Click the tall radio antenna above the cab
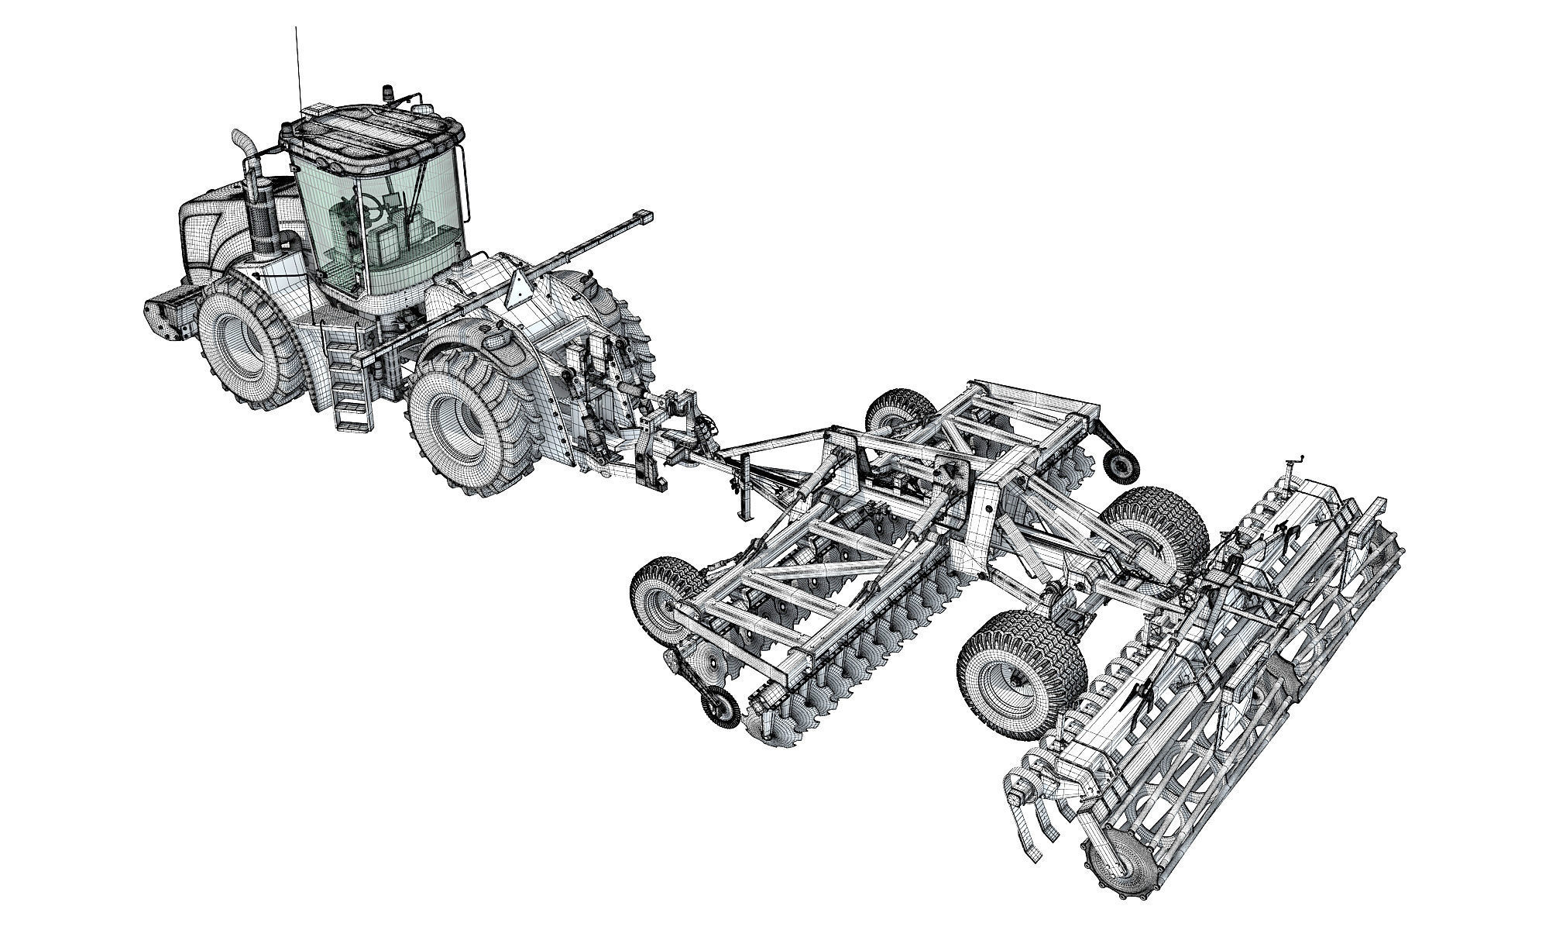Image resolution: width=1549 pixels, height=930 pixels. [x=297, y=70]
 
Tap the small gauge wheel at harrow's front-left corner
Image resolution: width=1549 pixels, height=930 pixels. [x=720, y=708]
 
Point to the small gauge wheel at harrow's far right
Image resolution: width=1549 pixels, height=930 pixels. [x=1121, y=463]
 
